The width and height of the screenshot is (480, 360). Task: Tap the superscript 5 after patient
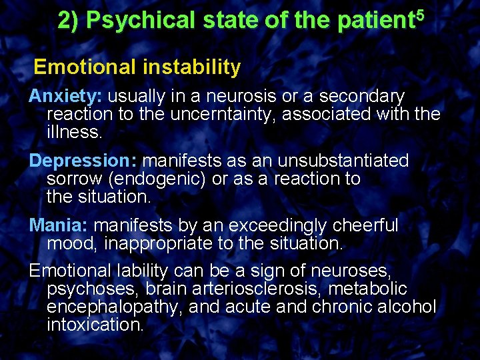[418, 15]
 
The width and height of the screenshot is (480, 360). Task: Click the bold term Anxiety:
[65, 97]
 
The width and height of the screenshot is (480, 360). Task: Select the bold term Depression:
[83, 161]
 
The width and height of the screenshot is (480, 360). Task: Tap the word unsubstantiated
[343, 161]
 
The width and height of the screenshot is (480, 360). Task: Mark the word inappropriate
[158, 243]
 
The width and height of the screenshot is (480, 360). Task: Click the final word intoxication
[95, 325]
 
